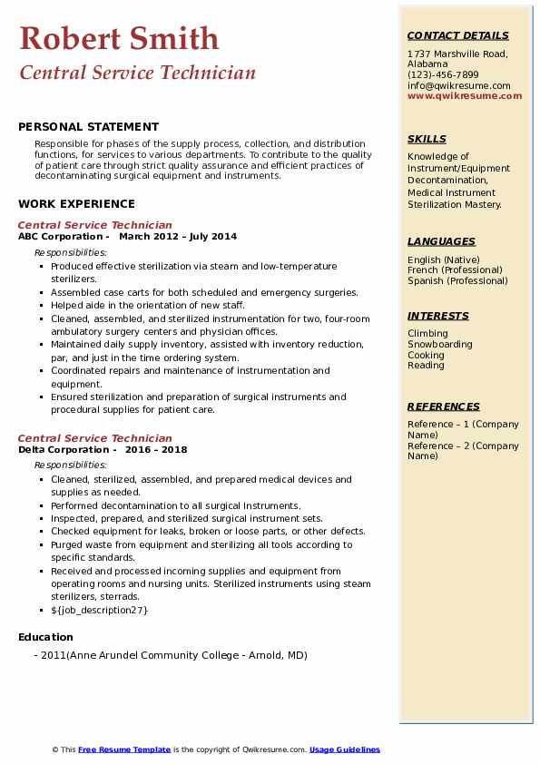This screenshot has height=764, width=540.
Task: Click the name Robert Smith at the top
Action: [x=119, y=38]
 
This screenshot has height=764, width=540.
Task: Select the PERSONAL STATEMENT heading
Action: [x=88, y=127]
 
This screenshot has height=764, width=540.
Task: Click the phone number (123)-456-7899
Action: [x=443, y=75]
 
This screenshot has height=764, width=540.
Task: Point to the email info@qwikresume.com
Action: [x=458, y=85]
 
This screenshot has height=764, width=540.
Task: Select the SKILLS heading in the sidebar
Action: [x=427, y=139]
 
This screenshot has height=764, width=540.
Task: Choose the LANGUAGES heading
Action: [x=441, y=241]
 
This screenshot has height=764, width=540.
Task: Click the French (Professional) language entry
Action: [x=455, y=270]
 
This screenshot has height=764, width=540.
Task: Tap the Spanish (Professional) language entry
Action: [x=457, y=280]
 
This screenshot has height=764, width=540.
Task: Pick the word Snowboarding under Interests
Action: [x=439, y=345]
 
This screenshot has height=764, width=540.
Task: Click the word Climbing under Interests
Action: [x=427, y=334]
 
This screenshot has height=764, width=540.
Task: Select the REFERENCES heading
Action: [x=443, y=406]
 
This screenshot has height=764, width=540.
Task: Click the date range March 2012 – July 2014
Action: [x=178, y=237]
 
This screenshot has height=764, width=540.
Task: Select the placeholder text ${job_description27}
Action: [x=99, y=610]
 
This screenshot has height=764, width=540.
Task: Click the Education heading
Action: [x=45, y=637]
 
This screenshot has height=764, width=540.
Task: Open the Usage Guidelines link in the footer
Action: [x=344, y=749]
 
